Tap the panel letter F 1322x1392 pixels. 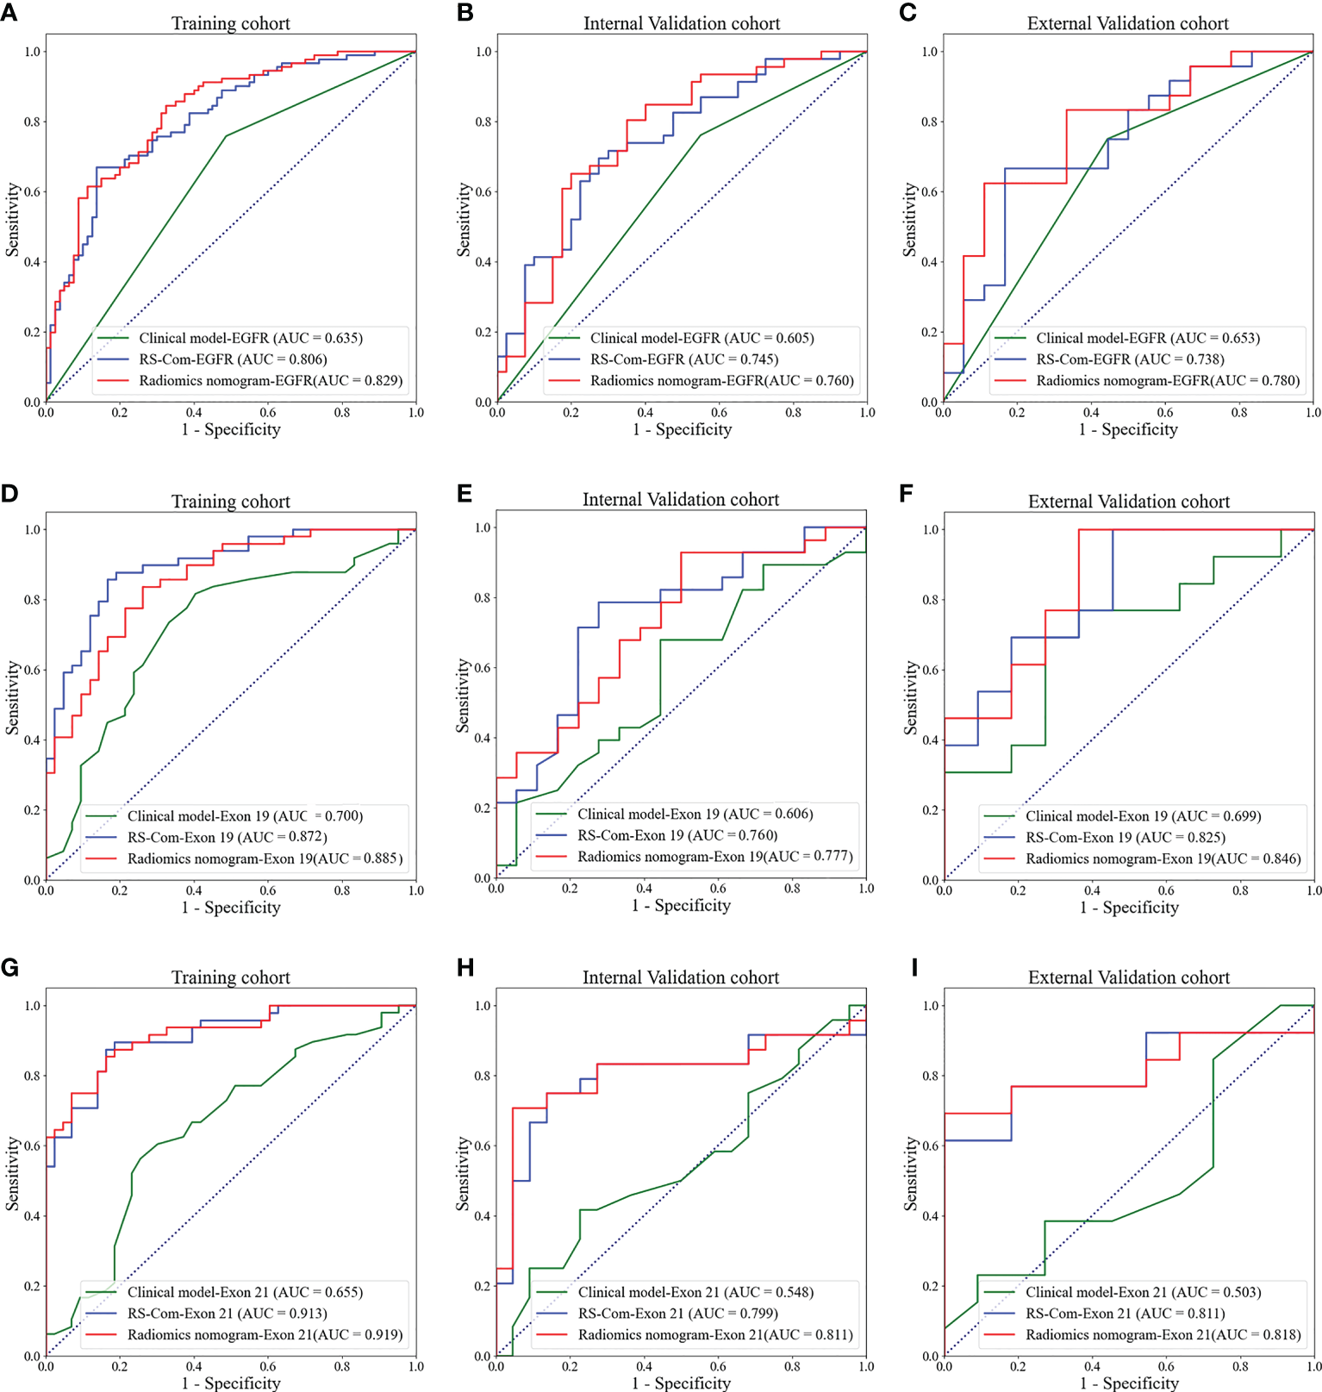click(906, 493)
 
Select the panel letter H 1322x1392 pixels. click(465, 968)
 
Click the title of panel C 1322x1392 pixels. click(1127, 23)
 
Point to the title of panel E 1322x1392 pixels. click(680, 499)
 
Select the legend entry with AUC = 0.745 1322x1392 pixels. click(683, 359)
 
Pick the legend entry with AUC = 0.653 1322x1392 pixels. click(1147, 338)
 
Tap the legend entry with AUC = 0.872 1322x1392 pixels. click(227, 837)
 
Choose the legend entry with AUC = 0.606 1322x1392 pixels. click(695, 814)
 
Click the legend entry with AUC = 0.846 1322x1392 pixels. click(1163, 858)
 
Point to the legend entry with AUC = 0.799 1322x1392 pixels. click(677, 1314)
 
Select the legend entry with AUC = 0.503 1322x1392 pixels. click(1143, 1292)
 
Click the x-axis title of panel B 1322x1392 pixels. click(682, 429)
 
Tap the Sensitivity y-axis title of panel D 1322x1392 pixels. click(12, 697)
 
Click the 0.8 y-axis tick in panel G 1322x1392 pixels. click(33, 1076)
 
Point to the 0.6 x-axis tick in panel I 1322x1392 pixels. click(1166, 1366)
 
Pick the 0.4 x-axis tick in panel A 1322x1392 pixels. click(194, 413)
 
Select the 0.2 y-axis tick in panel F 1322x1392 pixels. click(931, 810)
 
